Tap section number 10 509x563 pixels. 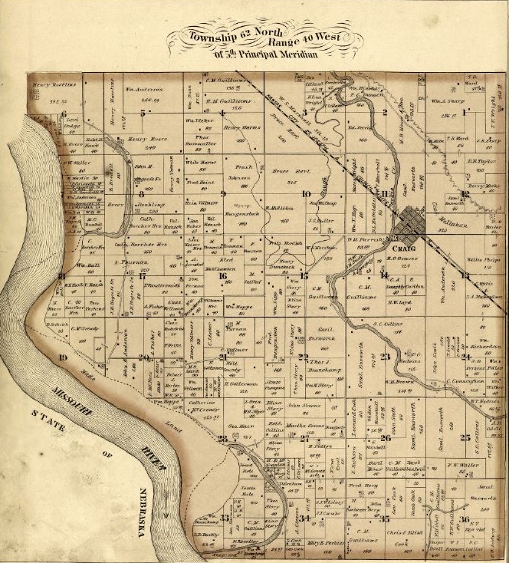(x=306, y=194)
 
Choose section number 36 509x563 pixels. (x=465, y=519)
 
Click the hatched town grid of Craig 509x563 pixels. (x=417, y=222)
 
